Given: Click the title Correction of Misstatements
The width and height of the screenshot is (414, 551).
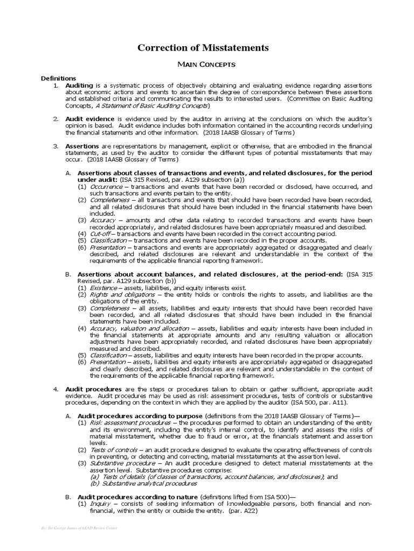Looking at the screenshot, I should point(203,48).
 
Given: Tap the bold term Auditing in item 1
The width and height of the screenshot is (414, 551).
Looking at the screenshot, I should point(79,86).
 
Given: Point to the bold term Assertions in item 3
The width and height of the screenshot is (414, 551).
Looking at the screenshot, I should point(82,146).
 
